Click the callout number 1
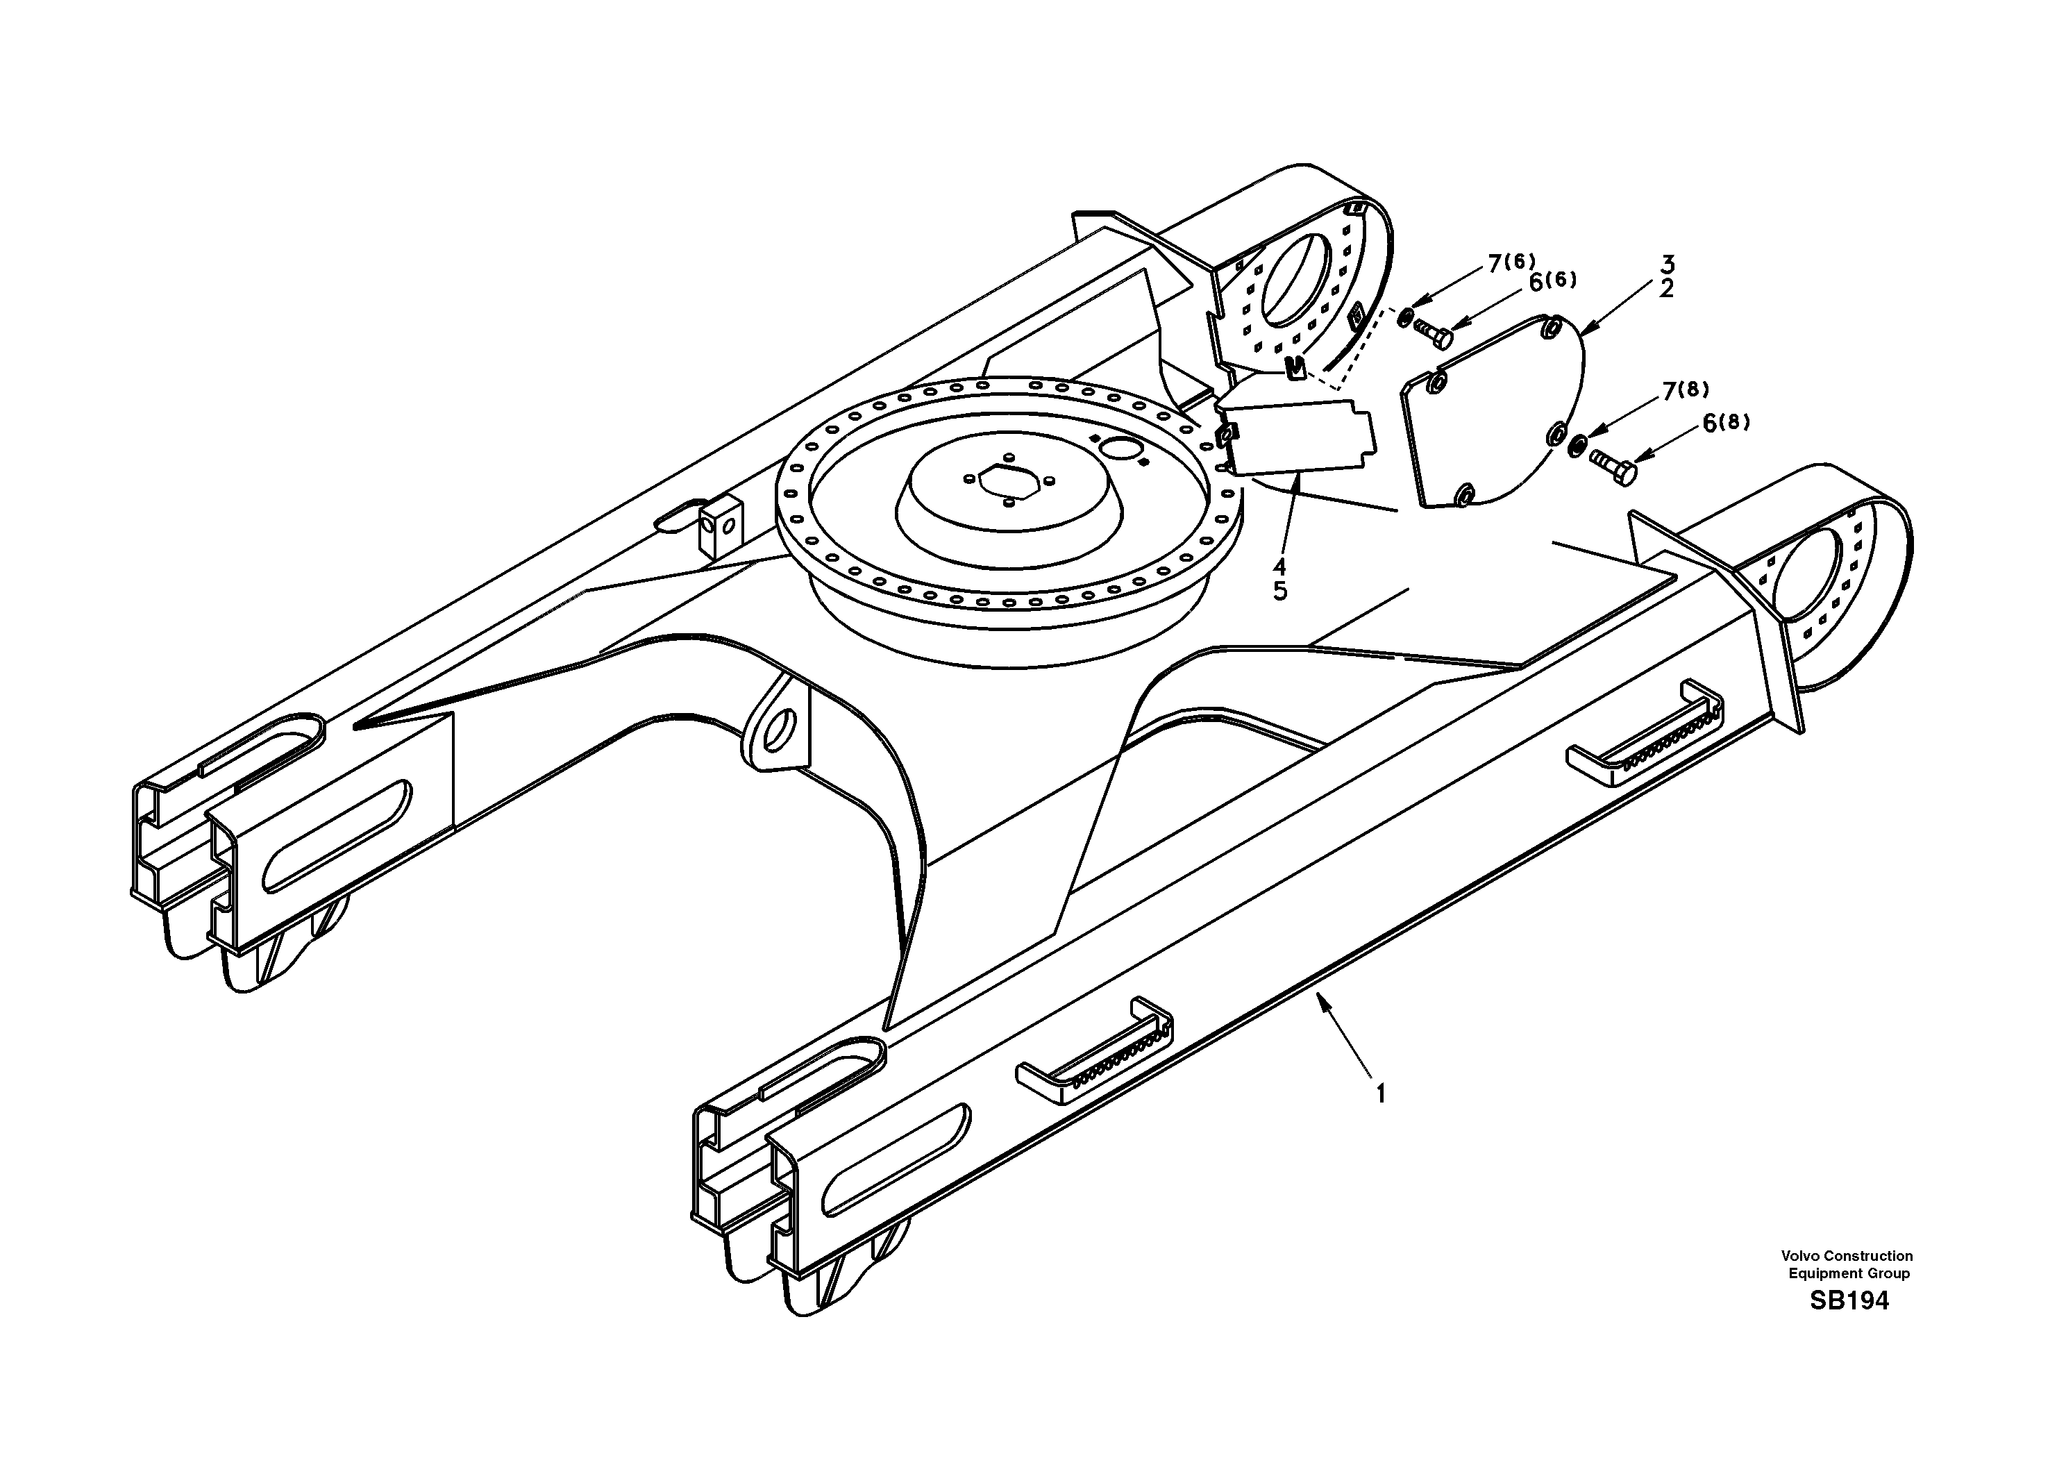tap(1379, 1093)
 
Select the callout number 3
tap(1667, 265)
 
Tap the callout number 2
tap(1667, 290)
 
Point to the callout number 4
tap(1279, 567)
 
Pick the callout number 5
tap(1279, 592)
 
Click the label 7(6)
tap(1512, 263)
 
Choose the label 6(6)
tap(1552, 282)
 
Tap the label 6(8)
tap(1726, 422)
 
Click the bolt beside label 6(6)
tap(1435, 333)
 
